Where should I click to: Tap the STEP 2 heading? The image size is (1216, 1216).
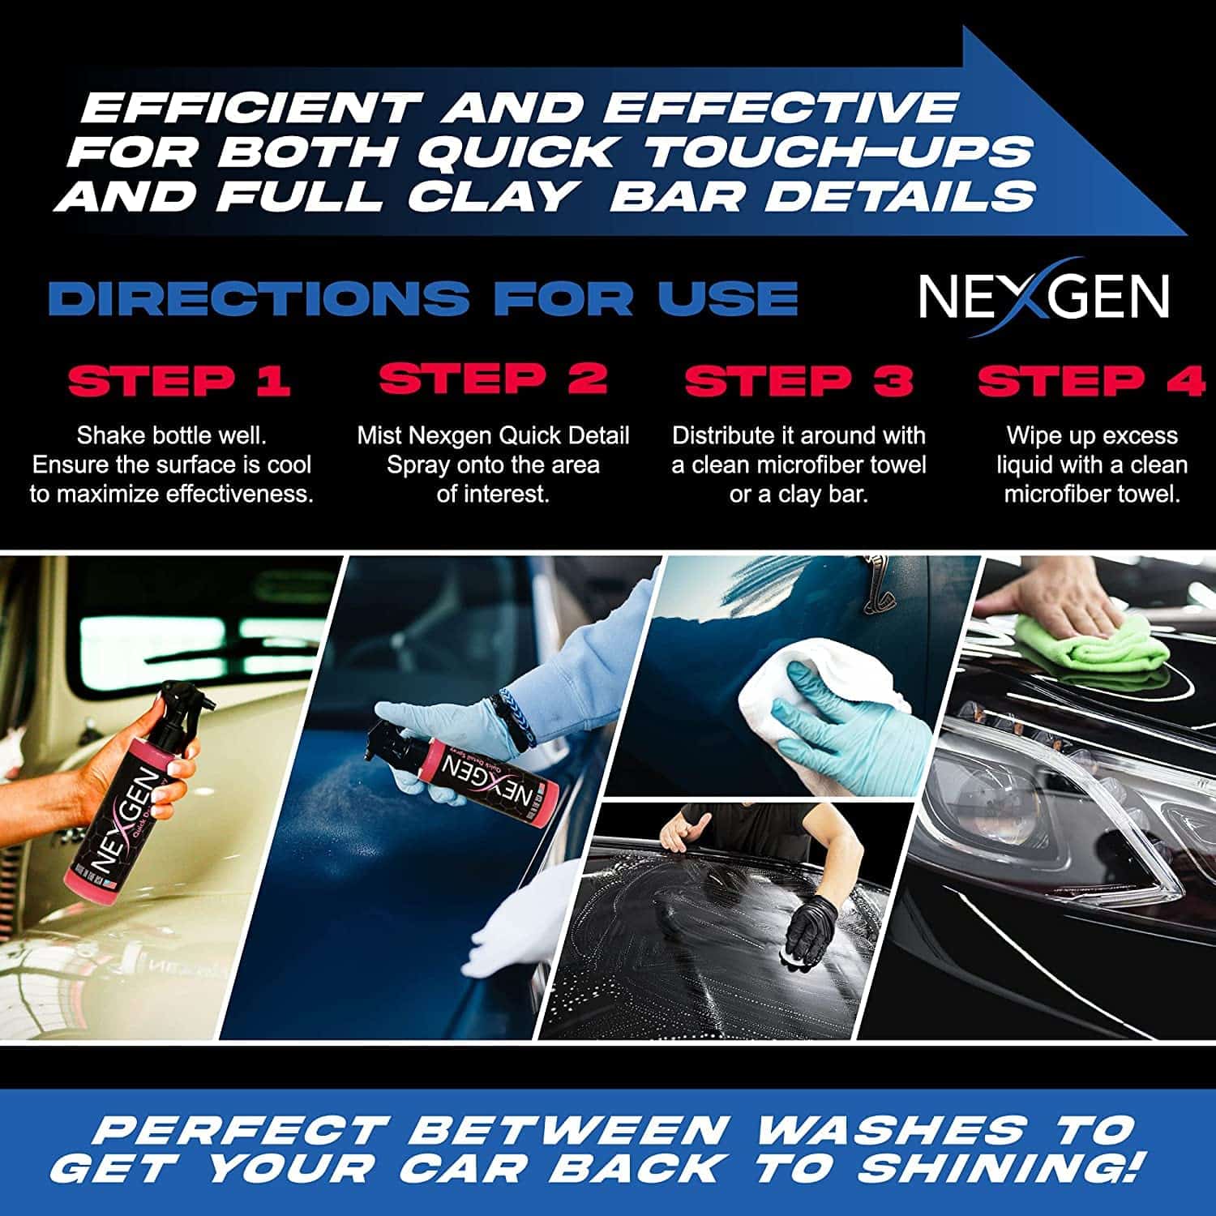(493, 379)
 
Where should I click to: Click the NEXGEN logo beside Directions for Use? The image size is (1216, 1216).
(1043, 297)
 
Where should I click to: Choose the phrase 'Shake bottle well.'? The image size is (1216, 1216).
(171, 435)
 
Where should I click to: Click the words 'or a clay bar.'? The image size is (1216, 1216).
(799, 495)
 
